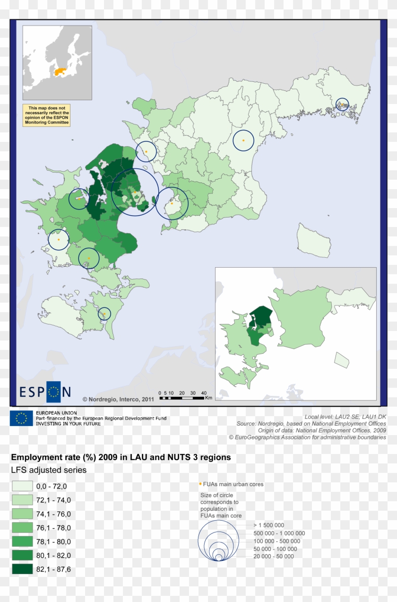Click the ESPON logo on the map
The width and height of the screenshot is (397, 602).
45,391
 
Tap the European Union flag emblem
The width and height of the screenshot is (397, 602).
21,418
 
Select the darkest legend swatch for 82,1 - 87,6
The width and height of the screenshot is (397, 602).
22,569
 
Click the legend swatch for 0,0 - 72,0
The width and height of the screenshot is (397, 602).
22,486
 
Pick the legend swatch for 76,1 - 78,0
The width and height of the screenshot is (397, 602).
22,528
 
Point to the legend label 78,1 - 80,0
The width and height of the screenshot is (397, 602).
53,542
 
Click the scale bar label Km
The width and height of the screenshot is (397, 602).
208,398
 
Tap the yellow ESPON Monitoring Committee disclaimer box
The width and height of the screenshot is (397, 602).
46,115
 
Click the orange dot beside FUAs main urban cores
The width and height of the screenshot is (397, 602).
200,484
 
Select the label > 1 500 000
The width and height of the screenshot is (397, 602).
268,525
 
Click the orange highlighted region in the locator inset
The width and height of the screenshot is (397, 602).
60,72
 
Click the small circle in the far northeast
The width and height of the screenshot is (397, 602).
342,105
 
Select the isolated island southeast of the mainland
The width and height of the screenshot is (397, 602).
314,240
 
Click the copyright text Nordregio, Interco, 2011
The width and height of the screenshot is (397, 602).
119,399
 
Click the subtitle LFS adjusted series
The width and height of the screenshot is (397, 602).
49,470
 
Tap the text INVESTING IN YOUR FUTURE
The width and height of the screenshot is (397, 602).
69,424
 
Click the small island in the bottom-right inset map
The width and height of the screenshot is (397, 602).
341,360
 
